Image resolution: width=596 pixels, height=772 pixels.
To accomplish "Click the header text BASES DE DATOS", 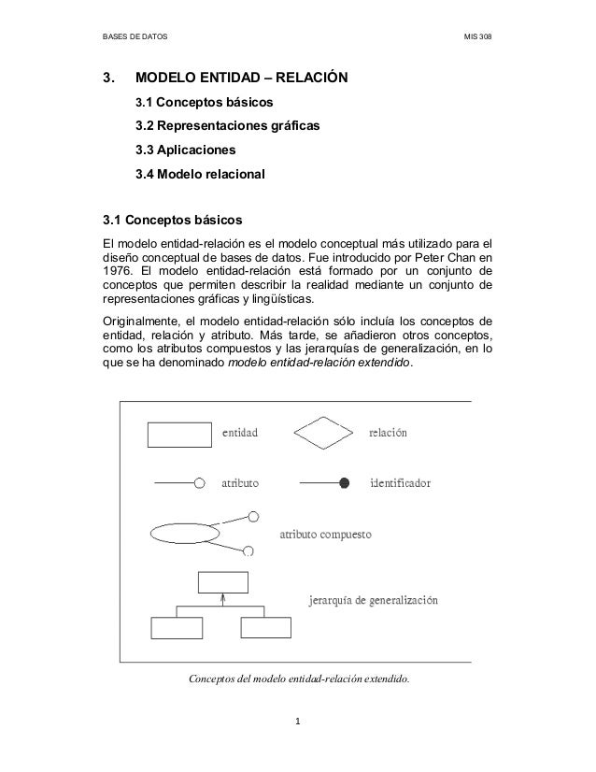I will point(134,37).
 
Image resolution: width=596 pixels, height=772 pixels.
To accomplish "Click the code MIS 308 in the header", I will point(478,37).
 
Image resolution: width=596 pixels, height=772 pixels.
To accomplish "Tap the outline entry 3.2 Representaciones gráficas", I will point(227,125).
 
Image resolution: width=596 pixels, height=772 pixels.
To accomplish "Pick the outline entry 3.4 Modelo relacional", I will point(201,174).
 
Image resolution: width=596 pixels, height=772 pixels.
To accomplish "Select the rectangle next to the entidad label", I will point(180,435).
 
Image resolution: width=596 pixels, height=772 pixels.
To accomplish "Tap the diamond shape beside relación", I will point(326,434).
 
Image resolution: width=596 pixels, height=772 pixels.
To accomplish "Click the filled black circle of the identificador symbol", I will point(344,483).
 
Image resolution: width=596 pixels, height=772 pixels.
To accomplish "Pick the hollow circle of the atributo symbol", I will point(199,483).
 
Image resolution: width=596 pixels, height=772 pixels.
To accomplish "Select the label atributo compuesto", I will point(327,536).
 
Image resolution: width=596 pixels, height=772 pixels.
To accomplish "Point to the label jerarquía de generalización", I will point(374,600).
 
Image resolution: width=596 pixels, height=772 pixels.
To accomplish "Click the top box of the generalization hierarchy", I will point(223,581).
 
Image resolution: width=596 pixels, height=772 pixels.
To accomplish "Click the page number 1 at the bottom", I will point(297,721).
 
